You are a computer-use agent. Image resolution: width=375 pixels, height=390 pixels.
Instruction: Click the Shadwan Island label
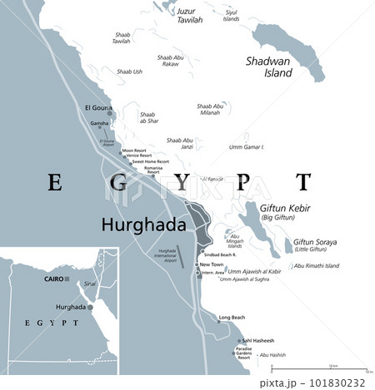[268, 67]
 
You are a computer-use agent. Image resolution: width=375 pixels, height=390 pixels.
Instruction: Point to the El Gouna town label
[99, 107]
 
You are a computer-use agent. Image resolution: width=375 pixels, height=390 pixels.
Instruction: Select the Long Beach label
[232, 318]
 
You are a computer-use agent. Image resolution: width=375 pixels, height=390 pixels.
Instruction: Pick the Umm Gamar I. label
[247, 147]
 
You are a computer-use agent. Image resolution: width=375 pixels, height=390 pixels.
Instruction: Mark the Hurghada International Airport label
[167, 255]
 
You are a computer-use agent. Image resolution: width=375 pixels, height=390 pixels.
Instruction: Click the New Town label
[211, 264]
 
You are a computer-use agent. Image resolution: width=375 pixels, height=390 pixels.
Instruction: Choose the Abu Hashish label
[272, 355]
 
